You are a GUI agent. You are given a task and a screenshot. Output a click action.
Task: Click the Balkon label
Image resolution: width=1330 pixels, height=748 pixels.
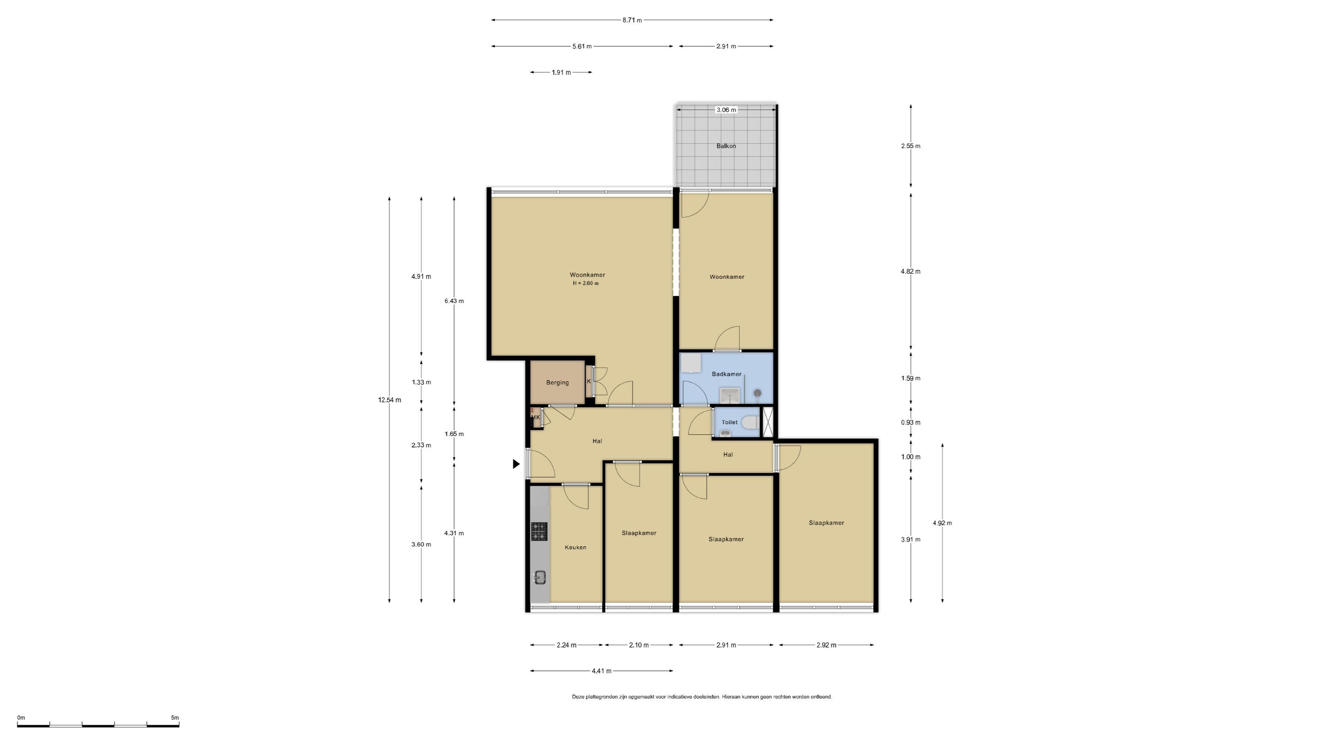[726, 146]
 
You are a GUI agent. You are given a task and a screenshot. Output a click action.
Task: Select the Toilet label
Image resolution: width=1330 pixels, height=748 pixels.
[730, 422]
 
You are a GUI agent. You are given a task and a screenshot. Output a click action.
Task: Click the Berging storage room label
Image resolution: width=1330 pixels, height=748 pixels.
[557, 382]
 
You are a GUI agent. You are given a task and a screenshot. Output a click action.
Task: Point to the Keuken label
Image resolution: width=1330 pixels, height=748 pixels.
[575, 547]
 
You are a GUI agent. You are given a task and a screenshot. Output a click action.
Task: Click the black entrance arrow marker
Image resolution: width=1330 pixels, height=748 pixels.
[516, 464]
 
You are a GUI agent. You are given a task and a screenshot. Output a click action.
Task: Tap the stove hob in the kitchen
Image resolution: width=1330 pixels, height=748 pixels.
[539, 532]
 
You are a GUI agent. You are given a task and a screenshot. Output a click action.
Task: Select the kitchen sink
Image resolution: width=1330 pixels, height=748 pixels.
[540, 578]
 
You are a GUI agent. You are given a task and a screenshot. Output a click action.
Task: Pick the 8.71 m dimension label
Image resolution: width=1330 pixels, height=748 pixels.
[632, 20]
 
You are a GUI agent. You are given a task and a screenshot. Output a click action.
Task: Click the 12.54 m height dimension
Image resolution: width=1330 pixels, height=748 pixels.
[389, 400]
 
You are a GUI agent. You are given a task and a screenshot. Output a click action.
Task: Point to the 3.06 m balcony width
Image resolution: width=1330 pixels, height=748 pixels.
[726, 110]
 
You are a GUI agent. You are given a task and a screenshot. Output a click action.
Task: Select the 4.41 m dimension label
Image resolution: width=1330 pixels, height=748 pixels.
[601, 671]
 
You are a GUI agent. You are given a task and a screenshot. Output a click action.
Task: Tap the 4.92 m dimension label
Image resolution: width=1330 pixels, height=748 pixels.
[942, 523]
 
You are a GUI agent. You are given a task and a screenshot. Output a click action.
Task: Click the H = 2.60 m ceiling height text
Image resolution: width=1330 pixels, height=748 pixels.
[586, 284]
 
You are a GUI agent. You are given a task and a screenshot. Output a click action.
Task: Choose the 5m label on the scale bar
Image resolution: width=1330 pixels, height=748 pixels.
[175, 718]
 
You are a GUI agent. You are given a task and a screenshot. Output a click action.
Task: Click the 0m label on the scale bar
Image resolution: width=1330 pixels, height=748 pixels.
[21, 718]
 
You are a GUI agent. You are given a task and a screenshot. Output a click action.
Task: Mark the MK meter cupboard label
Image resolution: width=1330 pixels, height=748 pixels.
[535, 417]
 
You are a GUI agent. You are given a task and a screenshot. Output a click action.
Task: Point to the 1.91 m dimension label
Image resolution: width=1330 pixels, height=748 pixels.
[561, 73]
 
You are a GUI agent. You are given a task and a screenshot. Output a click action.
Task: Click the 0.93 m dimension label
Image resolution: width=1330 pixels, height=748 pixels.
[911, 422]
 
